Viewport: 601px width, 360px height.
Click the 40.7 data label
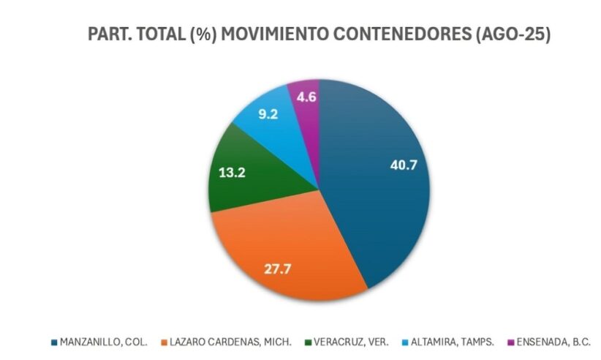(x=404, y=165)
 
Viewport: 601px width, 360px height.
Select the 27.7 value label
(x=278, y=269)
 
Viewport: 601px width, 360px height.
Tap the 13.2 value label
(x=232, y=173)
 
